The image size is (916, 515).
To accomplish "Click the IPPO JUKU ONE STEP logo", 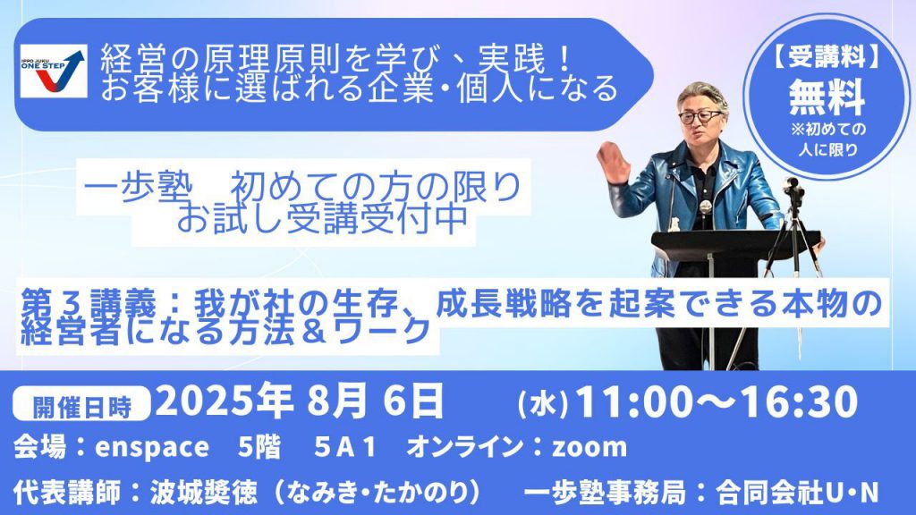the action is click(54, 72).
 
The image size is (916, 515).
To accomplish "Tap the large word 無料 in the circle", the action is click(827, 97).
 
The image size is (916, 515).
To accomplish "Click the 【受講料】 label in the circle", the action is click(827, 58).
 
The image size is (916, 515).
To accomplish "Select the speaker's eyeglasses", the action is click(700, 116).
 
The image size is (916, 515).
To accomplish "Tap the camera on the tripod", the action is click(794, 190).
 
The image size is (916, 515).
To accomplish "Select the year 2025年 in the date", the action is click(225, 401).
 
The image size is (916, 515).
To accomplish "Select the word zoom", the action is click(589, 448).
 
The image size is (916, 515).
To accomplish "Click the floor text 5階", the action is click(259, 447).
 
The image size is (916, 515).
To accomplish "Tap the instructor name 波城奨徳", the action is click(203, 493).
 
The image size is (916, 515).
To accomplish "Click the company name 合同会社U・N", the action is click(797, 493).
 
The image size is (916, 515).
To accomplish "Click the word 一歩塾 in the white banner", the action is click(139, 188).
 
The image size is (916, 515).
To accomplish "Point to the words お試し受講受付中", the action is click(323, 218).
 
